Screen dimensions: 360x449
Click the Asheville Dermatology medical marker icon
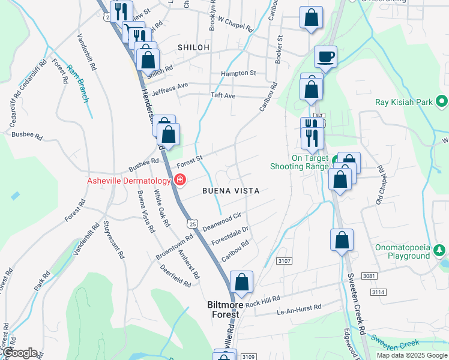pyautogui.click(x=179, y=179)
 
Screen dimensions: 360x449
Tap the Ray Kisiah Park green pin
pyautogui.click(x=442, y=102)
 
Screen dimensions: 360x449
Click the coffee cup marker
pyautogui.click(x=325, y=57)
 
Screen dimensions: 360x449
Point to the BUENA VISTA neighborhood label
pyautogui.click(x=231, y=191)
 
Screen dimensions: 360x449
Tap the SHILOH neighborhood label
pyautogui.click(x=193, y=47)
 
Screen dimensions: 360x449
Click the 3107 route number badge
pyautogui.click(x=285, y=260)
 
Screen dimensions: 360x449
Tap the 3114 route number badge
pyautogui.click(x=378, y=292)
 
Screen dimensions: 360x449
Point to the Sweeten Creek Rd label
pyautogui.click(x=355, y=303)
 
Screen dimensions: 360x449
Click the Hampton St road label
pyautogui.click(x=238, y=73)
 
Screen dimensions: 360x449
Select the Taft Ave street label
pyautogui.click(x=222, y=96)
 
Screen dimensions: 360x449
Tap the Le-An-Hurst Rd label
pyautogui.click(x=298, y=309)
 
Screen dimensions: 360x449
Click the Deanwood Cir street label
pyautogui.click(x=221, y=221)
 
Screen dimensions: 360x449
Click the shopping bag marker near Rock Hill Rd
pyautogui.click(x=241, y=282)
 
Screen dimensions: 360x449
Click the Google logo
pyautogui.click(x=21, y=353)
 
